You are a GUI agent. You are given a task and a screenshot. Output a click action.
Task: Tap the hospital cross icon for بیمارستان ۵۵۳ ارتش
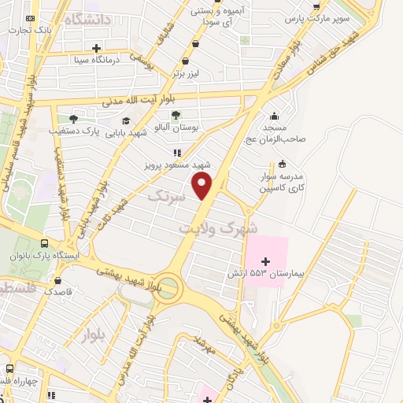coord(264,261)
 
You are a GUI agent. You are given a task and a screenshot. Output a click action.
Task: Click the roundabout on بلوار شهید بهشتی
coord(167,288)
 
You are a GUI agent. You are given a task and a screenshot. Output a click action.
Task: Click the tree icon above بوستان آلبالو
coord(176,115)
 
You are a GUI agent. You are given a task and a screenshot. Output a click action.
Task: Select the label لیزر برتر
coord(190,72)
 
